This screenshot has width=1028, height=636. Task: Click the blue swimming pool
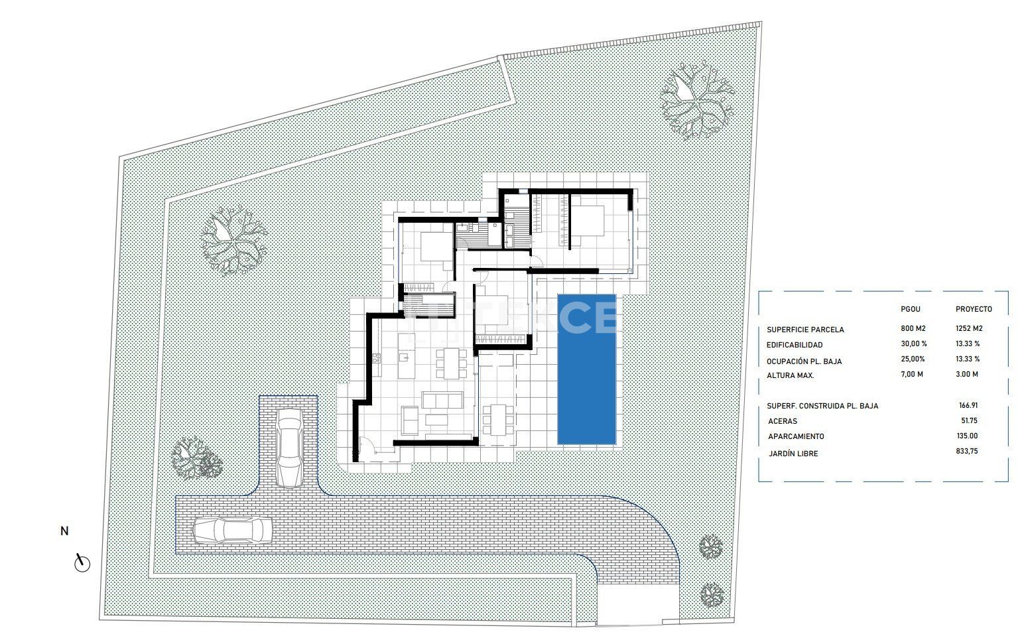586,369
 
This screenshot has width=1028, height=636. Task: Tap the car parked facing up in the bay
290,448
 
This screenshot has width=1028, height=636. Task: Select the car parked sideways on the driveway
232,531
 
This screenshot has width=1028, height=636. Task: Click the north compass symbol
82,563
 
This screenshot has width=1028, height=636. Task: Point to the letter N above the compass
64,531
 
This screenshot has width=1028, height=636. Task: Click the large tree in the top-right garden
696,101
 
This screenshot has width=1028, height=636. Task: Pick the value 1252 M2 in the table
969,328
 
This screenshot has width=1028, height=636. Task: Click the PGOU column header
911,309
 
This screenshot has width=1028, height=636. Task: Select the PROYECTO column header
974,309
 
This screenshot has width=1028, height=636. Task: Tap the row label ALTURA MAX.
791,375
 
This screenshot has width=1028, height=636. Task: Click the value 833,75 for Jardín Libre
967,451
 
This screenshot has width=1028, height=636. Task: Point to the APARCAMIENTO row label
797,436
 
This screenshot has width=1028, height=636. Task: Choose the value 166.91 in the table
968,405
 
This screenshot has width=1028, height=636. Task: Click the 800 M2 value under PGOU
913,328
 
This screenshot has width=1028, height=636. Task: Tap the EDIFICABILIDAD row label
795,345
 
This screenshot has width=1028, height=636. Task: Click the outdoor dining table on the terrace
498,419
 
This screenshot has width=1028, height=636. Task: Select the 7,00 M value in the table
912,375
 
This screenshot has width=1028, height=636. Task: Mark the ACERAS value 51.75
969,420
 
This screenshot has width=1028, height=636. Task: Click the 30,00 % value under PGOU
914,344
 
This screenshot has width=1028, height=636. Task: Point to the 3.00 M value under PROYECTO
967,375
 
